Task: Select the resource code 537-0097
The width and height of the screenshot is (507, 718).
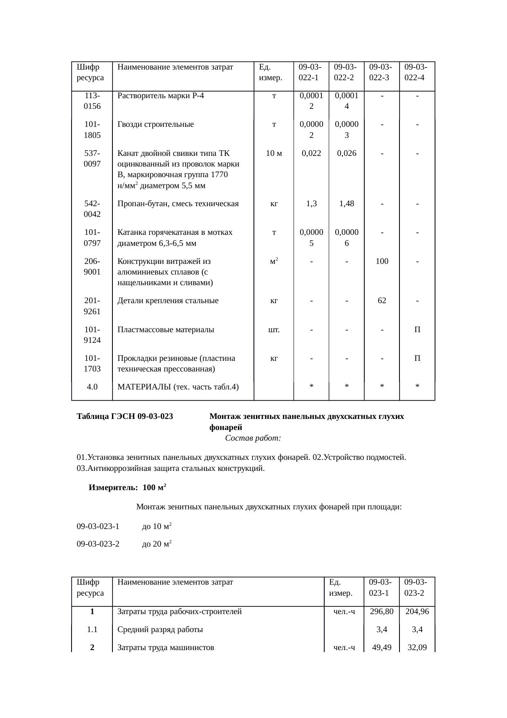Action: (92, 159)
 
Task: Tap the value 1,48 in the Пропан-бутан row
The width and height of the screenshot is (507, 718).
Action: (346, 203)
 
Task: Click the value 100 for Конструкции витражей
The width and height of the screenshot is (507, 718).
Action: (381, 261)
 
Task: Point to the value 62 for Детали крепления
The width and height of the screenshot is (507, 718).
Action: (381, 301)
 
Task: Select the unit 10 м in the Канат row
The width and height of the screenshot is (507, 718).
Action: (274, 153)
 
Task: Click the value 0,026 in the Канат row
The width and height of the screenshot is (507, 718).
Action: (346, 153)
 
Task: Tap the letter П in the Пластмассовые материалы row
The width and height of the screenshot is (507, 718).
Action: (417, 329)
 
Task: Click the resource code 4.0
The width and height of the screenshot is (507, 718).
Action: (92, 387)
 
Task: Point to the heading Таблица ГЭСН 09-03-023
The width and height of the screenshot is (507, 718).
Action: (125, 416)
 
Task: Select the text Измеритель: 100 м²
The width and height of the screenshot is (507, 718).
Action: (127, 488)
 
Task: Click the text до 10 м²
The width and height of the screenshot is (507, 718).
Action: (156, 527)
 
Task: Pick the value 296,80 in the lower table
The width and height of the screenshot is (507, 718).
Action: (381, 612)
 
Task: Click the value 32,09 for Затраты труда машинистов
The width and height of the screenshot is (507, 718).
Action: (417, 648)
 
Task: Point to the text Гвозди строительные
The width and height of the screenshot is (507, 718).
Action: (155, 124)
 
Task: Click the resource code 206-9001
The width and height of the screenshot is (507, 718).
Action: (92, 266)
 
